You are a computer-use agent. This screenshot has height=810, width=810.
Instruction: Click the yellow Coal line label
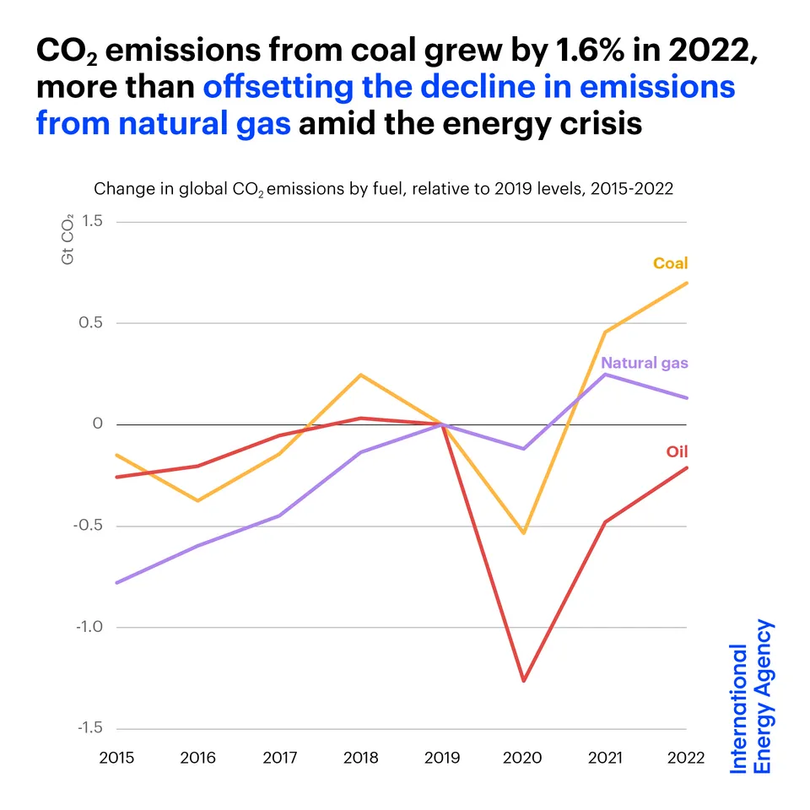click(x=670, y=263)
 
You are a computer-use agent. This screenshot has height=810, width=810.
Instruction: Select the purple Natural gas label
click(x=644, y=363)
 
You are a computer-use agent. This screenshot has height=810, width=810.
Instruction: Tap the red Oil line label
click(x=677, y=451)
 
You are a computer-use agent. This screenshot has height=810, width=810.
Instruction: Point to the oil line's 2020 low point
click(x=524, y=680)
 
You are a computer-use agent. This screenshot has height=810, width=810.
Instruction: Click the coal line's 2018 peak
click(x=360, y=375)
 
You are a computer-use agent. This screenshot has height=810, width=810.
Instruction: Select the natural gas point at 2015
click(x=116, y=582)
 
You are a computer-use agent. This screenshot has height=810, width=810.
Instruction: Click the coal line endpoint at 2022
click(x=687, y=283)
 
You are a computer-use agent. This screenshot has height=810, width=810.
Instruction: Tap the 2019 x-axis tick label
click(x=442, y=758)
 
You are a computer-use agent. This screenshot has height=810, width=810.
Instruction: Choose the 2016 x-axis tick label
click(x=197, y=758)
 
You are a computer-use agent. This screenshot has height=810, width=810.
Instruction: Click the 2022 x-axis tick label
click(x=685, y=758)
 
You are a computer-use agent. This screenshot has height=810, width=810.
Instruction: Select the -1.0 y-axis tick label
click(x=88, y=627)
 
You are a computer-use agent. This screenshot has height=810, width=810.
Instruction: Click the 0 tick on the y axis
click(x=97, y=424)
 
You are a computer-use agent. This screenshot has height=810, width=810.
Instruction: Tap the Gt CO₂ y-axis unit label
click(x=67, y=240)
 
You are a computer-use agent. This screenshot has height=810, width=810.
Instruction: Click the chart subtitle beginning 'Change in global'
click(x=383, y=188)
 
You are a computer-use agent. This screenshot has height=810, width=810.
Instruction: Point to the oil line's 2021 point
click(x=605, y=522)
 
